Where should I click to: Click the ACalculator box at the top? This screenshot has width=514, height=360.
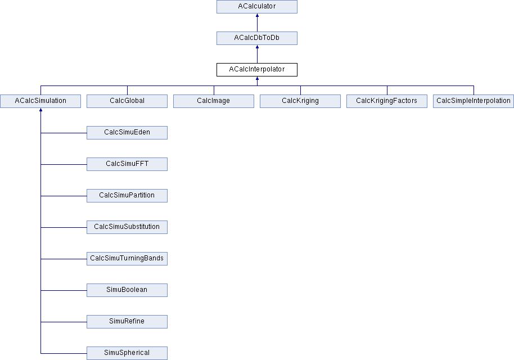click(257, 7)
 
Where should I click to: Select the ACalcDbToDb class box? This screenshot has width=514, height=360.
click(257, 38)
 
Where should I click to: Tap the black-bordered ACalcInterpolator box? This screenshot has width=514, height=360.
click(257, 70)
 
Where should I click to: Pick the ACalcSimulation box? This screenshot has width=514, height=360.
click(40, 101)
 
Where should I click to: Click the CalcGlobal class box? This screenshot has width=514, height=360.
click(127, 101)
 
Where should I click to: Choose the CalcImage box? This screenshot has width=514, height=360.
click(214, 101)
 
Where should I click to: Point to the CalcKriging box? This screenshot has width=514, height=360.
click(300, 101)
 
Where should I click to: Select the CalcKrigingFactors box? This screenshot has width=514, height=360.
click(387, 101)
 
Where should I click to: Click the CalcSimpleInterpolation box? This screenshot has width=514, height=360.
click(474, 101)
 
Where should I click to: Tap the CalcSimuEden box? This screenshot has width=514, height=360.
click(127, 132)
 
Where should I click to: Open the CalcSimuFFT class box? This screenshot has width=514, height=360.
click(127, 164)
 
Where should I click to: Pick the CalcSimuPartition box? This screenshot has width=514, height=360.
click(127, 195)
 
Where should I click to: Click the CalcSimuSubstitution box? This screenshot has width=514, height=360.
click(127, 227)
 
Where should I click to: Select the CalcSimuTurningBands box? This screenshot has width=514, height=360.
click(127, 258)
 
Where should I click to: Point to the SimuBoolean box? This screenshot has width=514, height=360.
click(127, 290)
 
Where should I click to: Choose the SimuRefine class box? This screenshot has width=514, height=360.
click(127, 321)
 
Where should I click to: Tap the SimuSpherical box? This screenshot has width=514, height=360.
click(127, 353)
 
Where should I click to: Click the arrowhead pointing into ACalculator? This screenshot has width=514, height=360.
click(258, 15)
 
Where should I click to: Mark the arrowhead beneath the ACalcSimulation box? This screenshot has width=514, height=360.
click(40, 110)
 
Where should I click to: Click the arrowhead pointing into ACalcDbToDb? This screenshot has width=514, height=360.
click(258, 47)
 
